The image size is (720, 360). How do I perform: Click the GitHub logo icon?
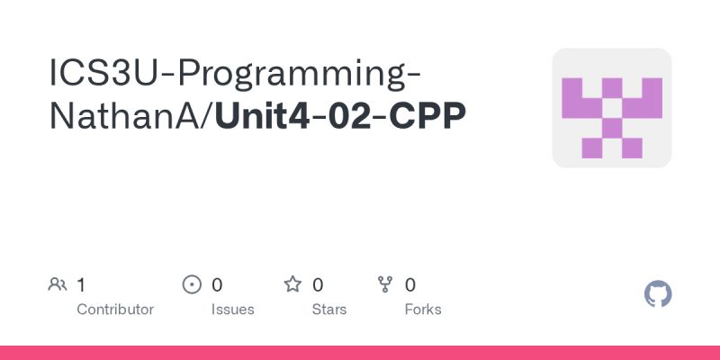pyautogui.click(x=659, y=294)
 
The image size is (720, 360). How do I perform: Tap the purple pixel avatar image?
pyautogui.click(x=612, y=108)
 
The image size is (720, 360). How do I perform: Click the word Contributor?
pyautogui.click(x=115, y=309)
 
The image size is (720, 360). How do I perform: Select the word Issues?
pyautogui.click(x=232, y=309)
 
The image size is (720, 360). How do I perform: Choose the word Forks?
pyautogui.click(x=423, y=309)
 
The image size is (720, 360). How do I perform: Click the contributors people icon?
pyautogui.click(x=58, y=285)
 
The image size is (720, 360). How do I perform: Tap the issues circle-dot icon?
pyautogui.click(x=192, y=285)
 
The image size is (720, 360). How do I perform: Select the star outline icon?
pyautogui.click(x=292, y=285)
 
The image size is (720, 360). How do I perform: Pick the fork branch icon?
pyautogui.click(x=386, y=285)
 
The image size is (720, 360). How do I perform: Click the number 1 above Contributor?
pyautogui.click(x=81, y=285)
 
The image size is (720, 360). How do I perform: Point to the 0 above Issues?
pyautogui.click(x=217, y=285)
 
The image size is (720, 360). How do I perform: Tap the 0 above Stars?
pyautogui.click(x=318, y=285)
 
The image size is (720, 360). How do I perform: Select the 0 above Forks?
pyautogui.click(x=410, y=285)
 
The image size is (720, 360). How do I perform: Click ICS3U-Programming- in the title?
pyautogui.click(x=236, y=72)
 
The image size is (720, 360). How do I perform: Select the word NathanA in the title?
pyautogui.click(x=128, y=115)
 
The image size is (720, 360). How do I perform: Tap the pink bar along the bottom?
pyautogui.click(x=360, y=353)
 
